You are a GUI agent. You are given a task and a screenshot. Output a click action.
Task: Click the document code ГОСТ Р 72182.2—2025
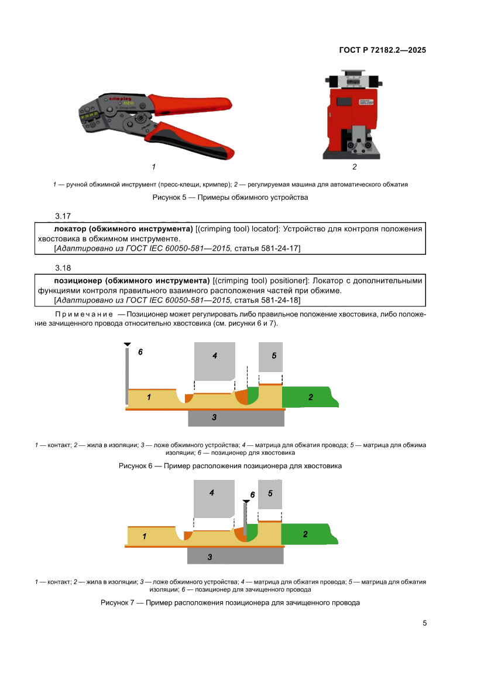(x=382, y=50)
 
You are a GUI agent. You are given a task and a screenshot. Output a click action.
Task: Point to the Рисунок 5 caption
(x=230, y=197)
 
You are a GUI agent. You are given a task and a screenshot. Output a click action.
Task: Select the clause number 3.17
(x=63, y=217)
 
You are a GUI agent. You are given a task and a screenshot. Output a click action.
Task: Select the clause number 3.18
(x=63, y=268)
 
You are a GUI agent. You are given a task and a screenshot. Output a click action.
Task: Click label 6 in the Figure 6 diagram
(x=140, y=352)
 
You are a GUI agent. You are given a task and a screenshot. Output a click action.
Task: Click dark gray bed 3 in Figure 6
(x=236, y=418)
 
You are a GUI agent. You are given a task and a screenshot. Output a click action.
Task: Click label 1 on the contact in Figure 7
(x=144, y=536)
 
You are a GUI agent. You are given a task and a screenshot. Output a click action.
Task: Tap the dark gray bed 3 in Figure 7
(x=235, y=556)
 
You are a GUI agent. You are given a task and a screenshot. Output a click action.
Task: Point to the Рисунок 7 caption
(x=230, y=602)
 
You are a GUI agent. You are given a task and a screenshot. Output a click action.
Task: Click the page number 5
(x=425, y=623)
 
